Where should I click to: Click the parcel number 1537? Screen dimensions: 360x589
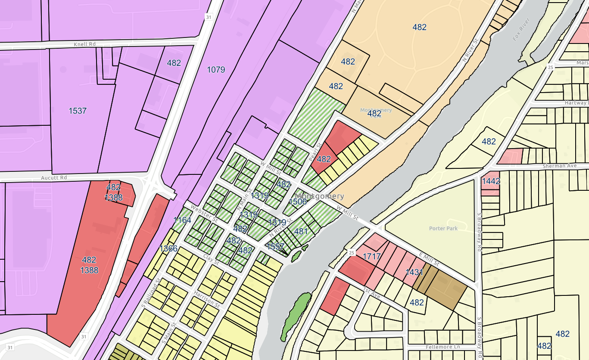pos(78,111)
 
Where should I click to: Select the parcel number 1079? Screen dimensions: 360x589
pos(216,69)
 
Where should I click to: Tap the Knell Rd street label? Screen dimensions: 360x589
pos(85,44)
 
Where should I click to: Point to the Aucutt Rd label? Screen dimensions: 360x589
pos(54,177)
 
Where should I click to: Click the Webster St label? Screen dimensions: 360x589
pos(203,213)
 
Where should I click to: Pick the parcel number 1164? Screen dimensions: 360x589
pos(182,220)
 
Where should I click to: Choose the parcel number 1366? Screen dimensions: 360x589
pos(168,248)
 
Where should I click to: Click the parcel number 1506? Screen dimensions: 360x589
pos(298,201)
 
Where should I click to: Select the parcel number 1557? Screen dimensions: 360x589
pos(276,246)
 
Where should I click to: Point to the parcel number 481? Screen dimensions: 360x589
pos(301,231)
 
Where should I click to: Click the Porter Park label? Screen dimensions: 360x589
pos(443,228)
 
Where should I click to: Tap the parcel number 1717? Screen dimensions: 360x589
pos(372,257)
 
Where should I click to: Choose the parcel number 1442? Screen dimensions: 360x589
pos(491,181)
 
